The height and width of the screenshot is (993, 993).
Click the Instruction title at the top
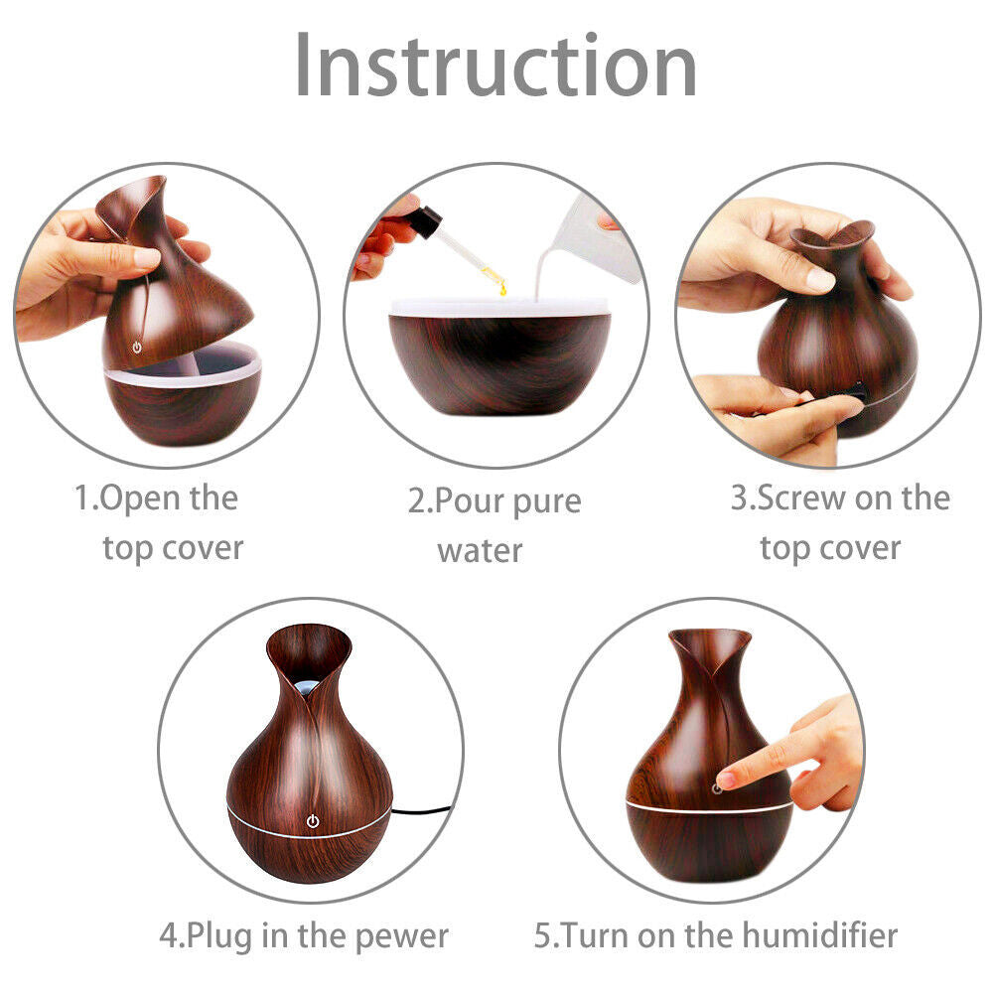496,66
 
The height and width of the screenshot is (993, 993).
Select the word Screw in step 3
792,497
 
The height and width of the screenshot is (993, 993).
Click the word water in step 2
480,550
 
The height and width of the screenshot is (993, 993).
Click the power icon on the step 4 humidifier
313,821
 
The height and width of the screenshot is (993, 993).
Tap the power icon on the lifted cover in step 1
137,349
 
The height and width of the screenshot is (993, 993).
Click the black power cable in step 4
422,808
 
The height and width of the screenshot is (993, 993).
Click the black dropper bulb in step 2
424,222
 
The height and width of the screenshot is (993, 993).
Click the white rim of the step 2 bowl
498,307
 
